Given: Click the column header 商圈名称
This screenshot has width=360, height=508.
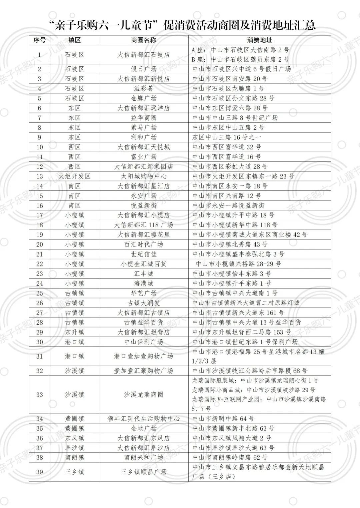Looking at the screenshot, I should [x=143, y=40].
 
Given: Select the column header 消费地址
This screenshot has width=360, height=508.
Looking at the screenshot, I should [x=259, y=40].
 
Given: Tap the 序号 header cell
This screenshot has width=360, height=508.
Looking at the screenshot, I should [x=39, y=40].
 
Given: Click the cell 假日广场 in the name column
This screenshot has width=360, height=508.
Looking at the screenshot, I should [x=143, y=69].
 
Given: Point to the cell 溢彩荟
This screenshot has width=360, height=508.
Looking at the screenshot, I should [x=143, y=88].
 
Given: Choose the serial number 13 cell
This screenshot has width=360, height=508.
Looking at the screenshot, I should [x=39, y=176].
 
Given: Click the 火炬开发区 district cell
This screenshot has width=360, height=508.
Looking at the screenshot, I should [x=74, y=176].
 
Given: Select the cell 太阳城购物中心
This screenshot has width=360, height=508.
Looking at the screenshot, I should [x=143, y=176].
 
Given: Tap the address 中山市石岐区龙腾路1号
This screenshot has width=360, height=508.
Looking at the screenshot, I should [x=228, y=88].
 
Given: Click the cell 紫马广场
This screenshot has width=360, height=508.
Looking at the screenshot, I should [x=143, y=127].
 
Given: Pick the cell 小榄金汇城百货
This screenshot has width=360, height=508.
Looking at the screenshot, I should [x=143, y=264].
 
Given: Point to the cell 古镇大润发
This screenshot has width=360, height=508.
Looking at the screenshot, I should [x=143, y=303].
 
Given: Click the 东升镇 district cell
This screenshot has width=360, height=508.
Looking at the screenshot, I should [x=74, y=332].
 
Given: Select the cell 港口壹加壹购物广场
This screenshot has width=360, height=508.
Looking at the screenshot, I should [x=143, y=356].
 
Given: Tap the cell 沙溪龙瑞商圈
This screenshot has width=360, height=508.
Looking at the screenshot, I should [x=143, y=395].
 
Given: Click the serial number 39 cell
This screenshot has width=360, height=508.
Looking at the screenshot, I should [x=39, y=472].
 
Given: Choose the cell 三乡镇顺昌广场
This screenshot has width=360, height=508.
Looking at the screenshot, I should [x=143, y=472].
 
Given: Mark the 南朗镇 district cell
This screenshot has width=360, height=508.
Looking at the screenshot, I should [x=74, y=458].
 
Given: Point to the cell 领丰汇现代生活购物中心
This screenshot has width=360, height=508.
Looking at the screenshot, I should [x=143, y=419].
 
